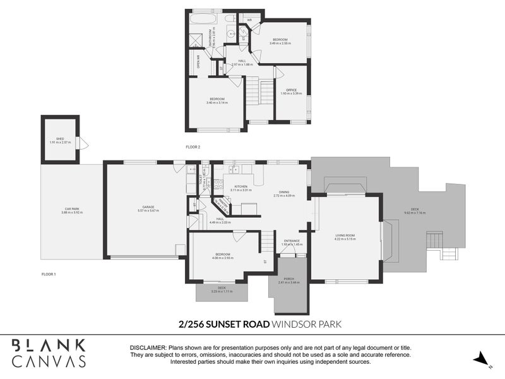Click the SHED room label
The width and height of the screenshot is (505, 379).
point(60,138)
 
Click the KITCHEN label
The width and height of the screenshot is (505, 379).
point(241,186)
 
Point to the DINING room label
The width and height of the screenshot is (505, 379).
point(285,193)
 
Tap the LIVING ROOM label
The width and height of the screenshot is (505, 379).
point(346,236)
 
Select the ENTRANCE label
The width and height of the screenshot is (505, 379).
point(292,241)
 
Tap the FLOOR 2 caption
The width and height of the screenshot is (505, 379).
point(193,147)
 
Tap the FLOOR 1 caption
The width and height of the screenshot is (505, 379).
point(49,274)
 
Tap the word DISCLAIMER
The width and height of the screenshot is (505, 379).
point(147,348)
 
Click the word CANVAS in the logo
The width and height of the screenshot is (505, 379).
point(49,361)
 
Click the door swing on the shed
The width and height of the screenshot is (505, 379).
point(78,143)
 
